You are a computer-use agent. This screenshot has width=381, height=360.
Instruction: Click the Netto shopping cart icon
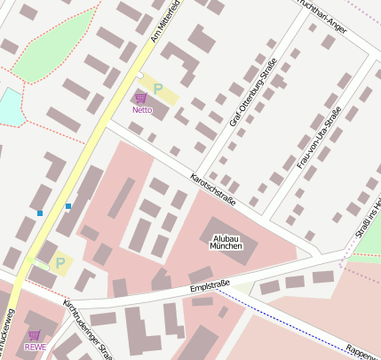click(x=141, y=98)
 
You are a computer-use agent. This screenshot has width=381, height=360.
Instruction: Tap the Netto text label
click(x=142, y=110)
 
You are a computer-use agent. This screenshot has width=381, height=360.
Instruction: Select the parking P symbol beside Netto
click(x=158, y=89)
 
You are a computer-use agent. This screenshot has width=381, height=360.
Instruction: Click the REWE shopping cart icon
click(x=35, y=334)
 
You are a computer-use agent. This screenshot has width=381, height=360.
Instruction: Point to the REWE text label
click(x=35, y=347)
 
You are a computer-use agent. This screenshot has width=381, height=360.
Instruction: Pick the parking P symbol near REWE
click(x=60, y=263)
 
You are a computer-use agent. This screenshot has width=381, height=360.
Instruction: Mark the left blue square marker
click(x=40, y=213)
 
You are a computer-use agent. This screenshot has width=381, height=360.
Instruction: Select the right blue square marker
click(x=68, y=206)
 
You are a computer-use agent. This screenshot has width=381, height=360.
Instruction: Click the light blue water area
click(x=7, y=107)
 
